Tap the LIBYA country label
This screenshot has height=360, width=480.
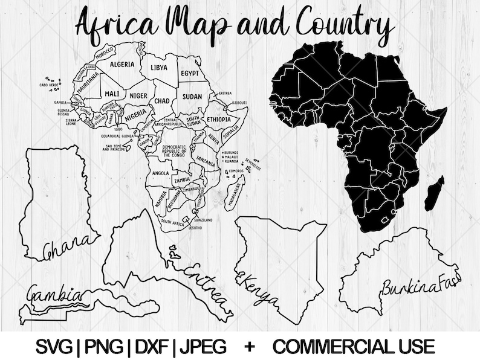(159, 67)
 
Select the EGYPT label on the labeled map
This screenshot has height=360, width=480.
(189, 73)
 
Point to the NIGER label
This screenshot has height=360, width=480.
(138, 95)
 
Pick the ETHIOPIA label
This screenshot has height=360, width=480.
(219, 120)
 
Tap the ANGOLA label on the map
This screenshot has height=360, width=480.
(160, 173)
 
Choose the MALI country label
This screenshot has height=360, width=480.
(111, 94)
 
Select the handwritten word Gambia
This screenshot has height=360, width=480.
(54, 294)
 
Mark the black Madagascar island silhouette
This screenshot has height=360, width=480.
(434, 193)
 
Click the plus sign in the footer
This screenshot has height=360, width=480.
(249, 346)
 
